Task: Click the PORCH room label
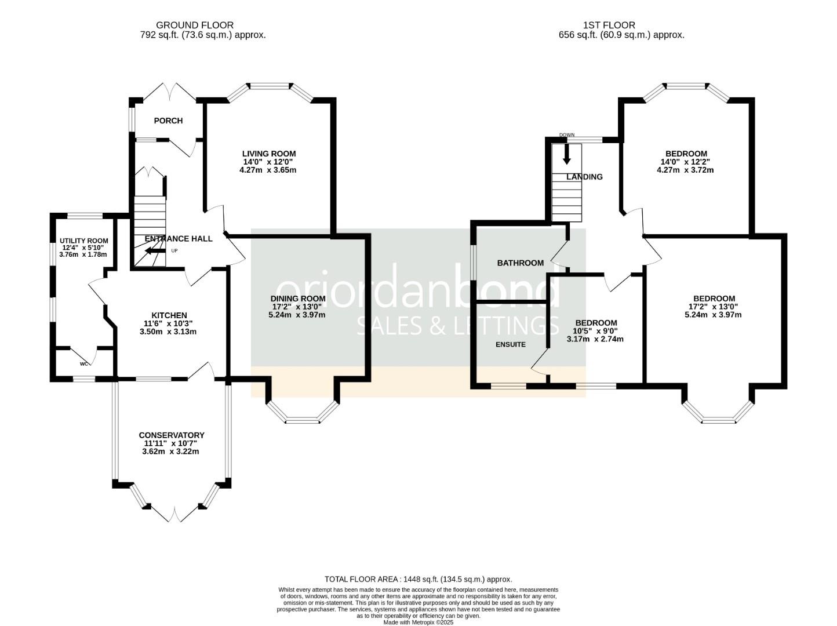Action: click(x=168, y=121)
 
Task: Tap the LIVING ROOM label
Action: click(x=268, y=154)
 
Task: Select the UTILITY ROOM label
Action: click(x=84, y=241)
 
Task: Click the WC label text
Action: click(x=84, y=364)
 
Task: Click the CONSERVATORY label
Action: click(x=172, y=435)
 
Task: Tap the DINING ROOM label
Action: click(x=297, y=299)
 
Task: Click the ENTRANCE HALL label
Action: click(x=179, y=238)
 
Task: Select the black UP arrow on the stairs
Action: click(x=153, y=250)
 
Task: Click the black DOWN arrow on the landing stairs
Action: click(x=566, y=153)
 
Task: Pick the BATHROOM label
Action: click(x=521, y=263)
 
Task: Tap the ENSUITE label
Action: click(x=511, y=344)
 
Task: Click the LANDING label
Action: click(x=584, y=177)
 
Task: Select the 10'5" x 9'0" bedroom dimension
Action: click(x=596, y=331)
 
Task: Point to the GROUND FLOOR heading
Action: click(x=195, y=25)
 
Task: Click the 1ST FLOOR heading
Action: click(x=609, y=25)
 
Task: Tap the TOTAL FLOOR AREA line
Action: click(x=418, y=579)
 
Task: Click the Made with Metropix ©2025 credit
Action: click(x=418, y=622)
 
